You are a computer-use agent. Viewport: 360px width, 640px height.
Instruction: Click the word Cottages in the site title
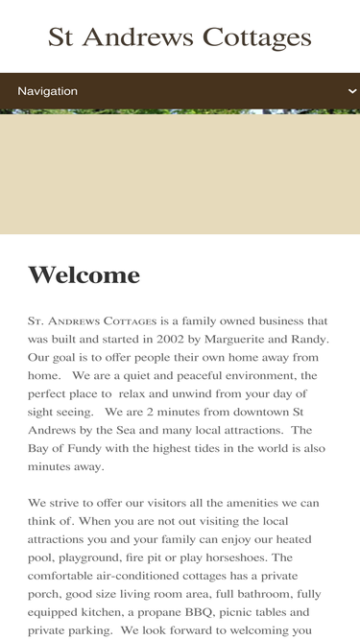click(256, 37)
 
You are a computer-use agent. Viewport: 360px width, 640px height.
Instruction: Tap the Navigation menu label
click(47, 91)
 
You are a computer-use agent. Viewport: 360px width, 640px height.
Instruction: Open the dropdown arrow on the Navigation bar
click(352, 91)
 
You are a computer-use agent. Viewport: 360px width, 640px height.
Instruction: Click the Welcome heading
click(84, 275)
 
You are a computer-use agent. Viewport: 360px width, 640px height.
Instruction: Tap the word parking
click(80, 630)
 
